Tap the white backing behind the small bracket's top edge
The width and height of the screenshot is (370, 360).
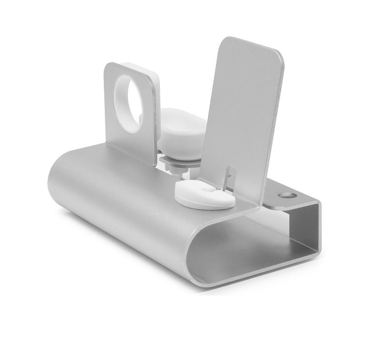point(144,66)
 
